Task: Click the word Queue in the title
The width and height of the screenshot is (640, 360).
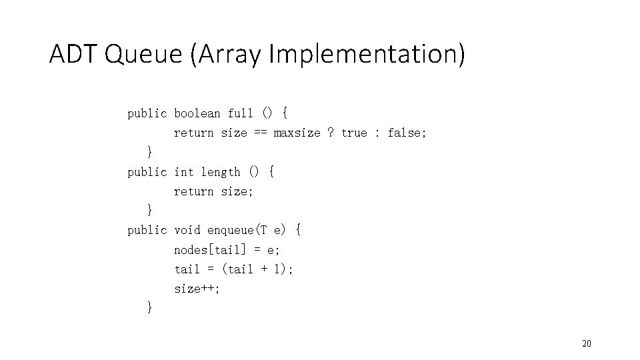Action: coord(143,54)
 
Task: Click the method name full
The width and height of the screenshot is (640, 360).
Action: coord(241,113)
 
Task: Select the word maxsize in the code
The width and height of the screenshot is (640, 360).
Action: coord(297,133)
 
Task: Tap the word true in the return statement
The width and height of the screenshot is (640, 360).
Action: coord(354,133)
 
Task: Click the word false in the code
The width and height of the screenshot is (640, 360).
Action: coord(406,133)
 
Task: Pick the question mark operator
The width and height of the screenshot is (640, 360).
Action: coord(331,133)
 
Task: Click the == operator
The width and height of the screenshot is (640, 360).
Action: coord(260,133)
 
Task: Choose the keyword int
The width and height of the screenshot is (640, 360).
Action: coord(184,172)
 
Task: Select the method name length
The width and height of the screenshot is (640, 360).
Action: coord(221,172)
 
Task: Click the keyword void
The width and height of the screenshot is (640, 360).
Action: coord(187,230)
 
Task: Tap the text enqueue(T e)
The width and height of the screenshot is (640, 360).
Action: coord(247,230)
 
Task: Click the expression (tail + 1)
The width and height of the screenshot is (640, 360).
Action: coord(257,269)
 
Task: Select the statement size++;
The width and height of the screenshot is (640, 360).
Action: coord(197,289)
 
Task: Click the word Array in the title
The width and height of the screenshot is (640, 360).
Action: coord(227,54)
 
